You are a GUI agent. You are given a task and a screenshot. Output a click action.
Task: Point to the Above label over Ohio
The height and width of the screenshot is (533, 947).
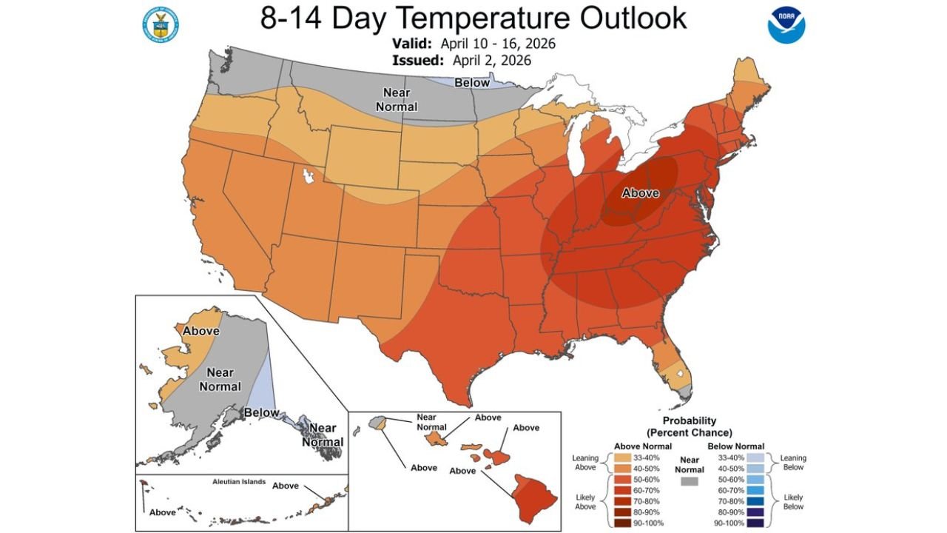(x=640, y=192)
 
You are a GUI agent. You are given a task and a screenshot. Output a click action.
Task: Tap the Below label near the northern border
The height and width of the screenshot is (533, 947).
(x=471, y=83)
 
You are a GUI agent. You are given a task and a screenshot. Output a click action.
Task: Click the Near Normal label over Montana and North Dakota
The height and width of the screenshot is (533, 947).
(x=397, y=99)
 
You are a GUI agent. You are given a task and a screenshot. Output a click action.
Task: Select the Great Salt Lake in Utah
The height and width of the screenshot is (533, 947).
(x=308, y=178)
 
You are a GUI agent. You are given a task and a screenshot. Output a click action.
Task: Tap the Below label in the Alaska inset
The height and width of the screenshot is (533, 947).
(x=261, y=412)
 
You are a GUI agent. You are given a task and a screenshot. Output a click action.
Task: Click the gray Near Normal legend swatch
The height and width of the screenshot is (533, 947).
(x=690, y=481)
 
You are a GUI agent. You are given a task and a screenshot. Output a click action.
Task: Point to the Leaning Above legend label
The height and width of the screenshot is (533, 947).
(x=585, y=463)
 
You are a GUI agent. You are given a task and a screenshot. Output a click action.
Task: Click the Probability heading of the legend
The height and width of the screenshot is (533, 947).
(x=690, y=420)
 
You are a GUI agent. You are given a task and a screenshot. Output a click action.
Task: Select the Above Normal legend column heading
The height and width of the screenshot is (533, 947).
(x=643, y=446)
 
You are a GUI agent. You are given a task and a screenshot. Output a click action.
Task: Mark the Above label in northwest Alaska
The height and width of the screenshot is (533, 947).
(x=200, y=331)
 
